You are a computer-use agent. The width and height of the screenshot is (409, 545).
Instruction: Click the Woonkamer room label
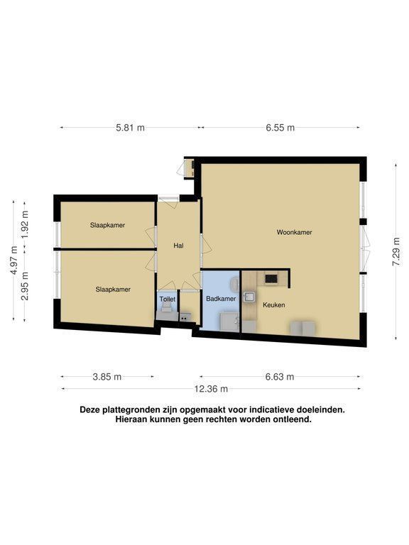[294, 232]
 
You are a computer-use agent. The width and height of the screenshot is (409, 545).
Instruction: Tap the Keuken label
[273, 305]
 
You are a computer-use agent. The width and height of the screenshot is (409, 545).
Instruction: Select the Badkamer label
[221, 299]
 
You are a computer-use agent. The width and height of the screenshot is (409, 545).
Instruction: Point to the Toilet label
[168, 299]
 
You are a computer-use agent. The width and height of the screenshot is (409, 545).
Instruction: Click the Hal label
[178, 246]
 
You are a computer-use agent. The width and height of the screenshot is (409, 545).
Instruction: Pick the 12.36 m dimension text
[211, 389]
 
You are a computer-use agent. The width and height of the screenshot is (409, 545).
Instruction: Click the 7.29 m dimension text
[396, 252]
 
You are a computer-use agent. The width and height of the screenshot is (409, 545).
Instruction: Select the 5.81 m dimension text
[130, 128]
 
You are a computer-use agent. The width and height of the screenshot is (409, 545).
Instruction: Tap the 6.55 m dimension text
[280, 128]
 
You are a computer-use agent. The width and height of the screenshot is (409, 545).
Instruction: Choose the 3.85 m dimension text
[107, 376]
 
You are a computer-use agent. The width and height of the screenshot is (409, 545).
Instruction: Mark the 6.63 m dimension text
[280, 376]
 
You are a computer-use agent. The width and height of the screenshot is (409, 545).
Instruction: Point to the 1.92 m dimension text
[24, 224]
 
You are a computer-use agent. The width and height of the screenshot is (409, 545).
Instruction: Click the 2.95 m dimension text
[24, 286]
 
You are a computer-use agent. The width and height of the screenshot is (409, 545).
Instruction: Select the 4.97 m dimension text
[14, 260]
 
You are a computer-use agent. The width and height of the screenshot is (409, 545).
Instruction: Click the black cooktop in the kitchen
[271, 279]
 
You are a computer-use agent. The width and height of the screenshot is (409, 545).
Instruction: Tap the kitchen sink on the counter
[249, 296]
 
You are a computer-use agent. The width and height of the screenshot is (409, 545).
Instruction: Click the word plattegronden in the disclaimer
[126, 409]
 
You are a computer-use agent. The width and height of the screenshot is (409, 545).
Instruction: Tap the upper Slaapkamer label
[107, 225]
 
